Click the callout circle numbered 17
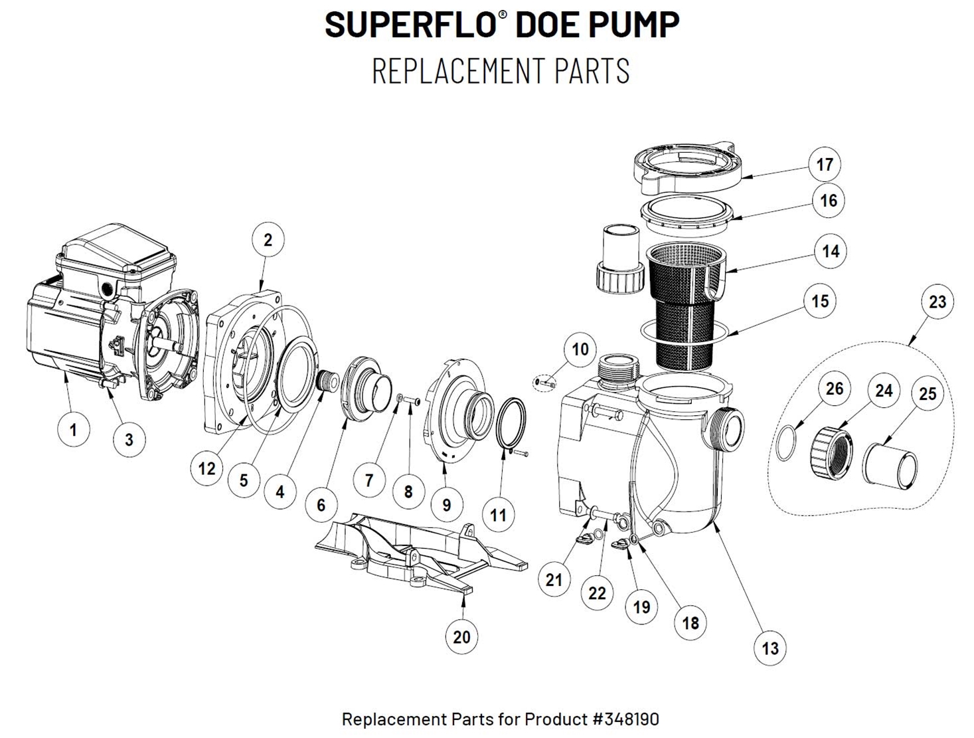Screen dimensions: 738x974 click(825, 164)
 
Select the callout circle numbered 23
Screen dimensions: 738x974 click(937, 302)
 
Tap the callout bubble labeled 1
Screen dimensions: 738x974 click(73, 430)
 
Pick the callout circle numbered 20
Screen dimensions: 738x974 click(461, 637)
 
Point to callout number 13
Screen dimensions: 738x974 click(770, 648)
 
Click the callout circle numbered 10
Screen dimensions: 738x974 click(580, 349)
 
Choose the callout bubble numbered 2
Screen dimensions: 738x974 click(268, 240)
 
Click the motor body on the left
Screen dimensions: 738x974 click(66, 332)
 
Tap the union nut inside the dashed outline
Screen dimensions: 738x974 click(829, 452)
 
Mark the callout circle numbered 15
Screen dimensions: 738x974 click(820, 301)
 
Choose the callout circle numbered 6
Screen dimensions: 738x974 click(321, 505)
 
